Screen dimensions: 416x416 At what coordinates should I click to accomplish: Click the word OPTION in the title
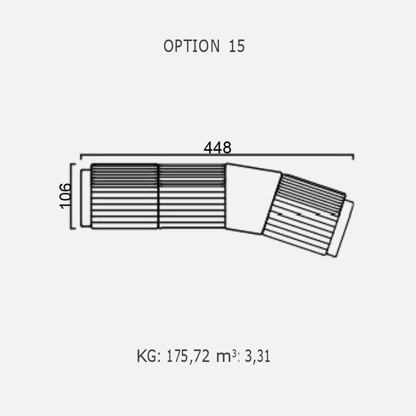191,46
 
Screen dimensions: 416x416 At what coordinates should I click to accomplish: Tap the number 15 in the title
237,46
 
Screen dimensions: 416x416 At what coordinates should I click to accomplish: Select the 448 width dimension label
217,148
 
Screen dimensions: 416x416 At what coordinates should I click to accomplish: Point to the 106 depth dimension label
66,196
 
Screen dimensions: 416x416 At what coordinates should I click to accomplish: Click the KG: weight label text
149,356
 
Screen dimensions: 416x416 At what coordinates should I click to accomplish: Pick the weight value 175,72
188,356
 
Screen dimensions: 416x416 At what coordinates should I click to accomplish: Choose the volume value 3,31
257,356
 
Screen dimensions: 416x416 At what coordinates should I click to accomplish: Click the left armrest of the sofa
86,198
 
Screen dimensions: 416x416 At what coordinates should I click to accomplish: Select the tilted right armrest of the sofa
341,228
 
